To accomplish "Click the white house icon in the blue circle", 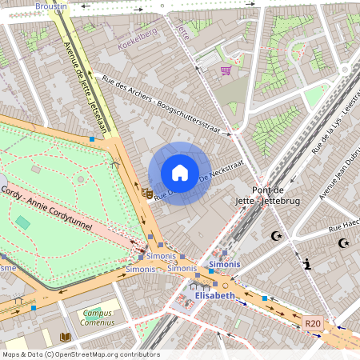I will coord(180,173).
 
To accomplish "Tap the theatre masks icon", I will coord(147,192).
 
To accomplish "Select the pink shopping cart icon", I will coord(226,70).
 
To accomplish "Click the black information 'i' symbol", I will coord(307,263).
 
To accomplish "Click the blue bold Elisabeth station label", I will coord(214,295).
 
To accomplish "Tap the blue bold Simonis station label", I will coord(224,263).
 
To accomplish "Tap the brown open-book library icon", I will coord(66,337).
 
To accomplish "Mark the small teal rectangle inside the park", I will coord(21,222).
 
